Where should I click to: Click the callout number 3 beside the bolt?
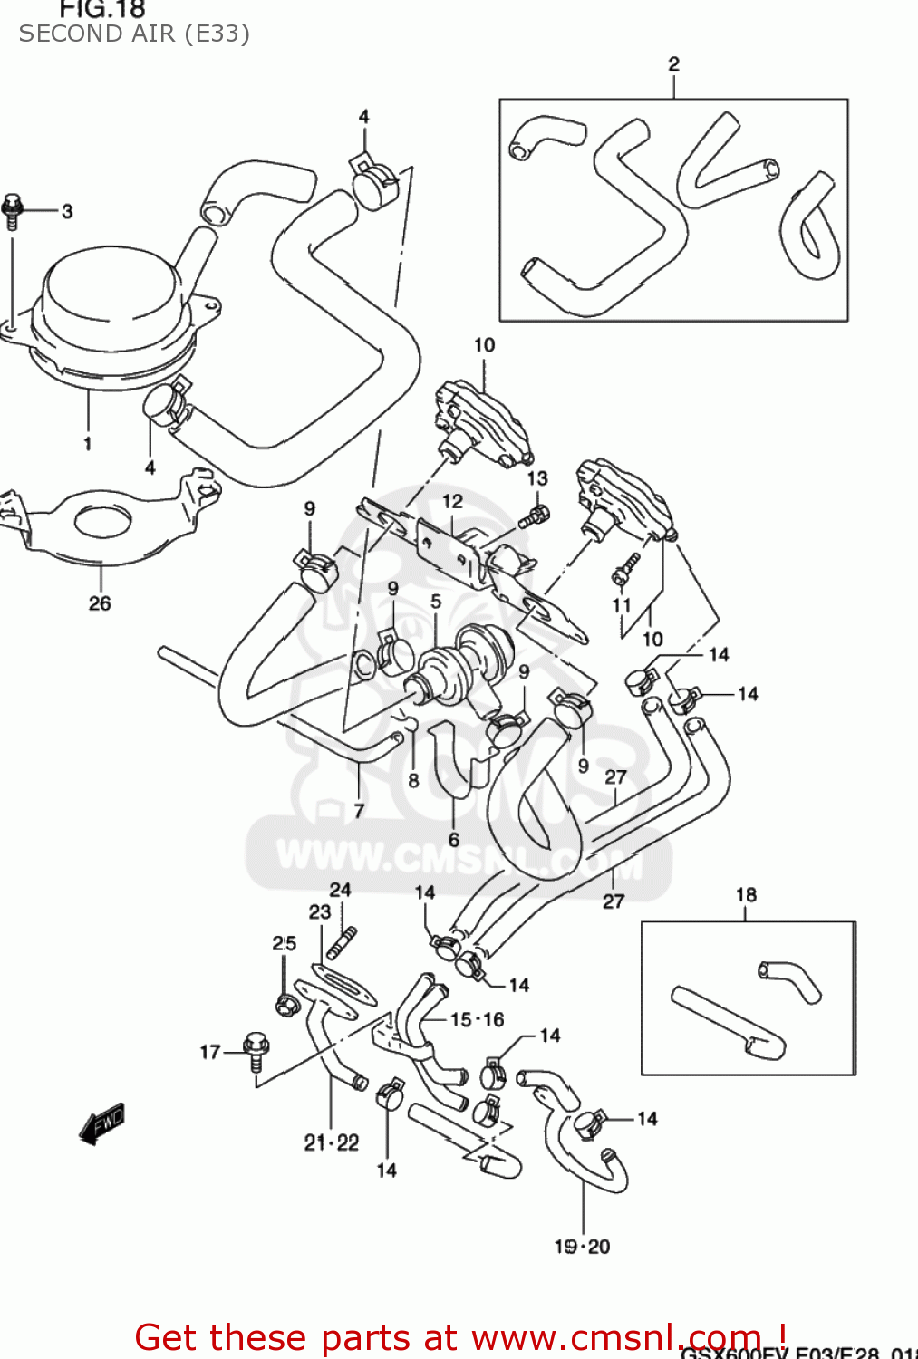click(67, 211)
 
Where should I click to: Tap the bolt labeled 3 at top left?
click(13, 210)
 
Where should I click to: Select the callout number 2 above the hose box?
click(673, 63)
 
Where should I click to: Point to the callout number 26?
click(100, 603)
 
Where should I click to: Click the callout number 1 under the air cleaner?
click(88, 443)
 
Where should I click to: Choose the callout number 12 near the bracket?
click(452, 501)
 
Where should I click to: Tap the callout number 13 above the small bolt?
click(537, 477)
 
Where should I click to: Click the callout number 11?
click(621, 605)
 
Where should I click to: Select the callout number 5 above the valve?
click(436, 602)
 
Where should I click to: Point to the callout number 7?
click(359, 811)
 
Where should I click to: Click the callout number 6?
click(453, 840)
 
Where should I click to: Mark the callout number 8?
click(413, 780)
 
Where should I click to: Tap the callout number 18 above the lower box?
click(746, 894)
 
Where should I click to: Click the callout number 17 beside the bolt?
click(210, 1052)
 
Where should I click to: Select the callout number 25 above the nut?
click(285, 943)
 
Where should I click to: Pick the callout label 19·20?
click(582, 1247)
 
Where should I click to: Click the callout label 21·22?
click(332, 1142)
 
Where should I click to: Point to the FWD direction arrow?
click(101, 1123)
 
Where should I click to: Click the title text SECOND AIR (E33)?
click(134, 34)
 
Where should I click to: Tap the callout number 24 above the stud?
click(340, 890)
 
